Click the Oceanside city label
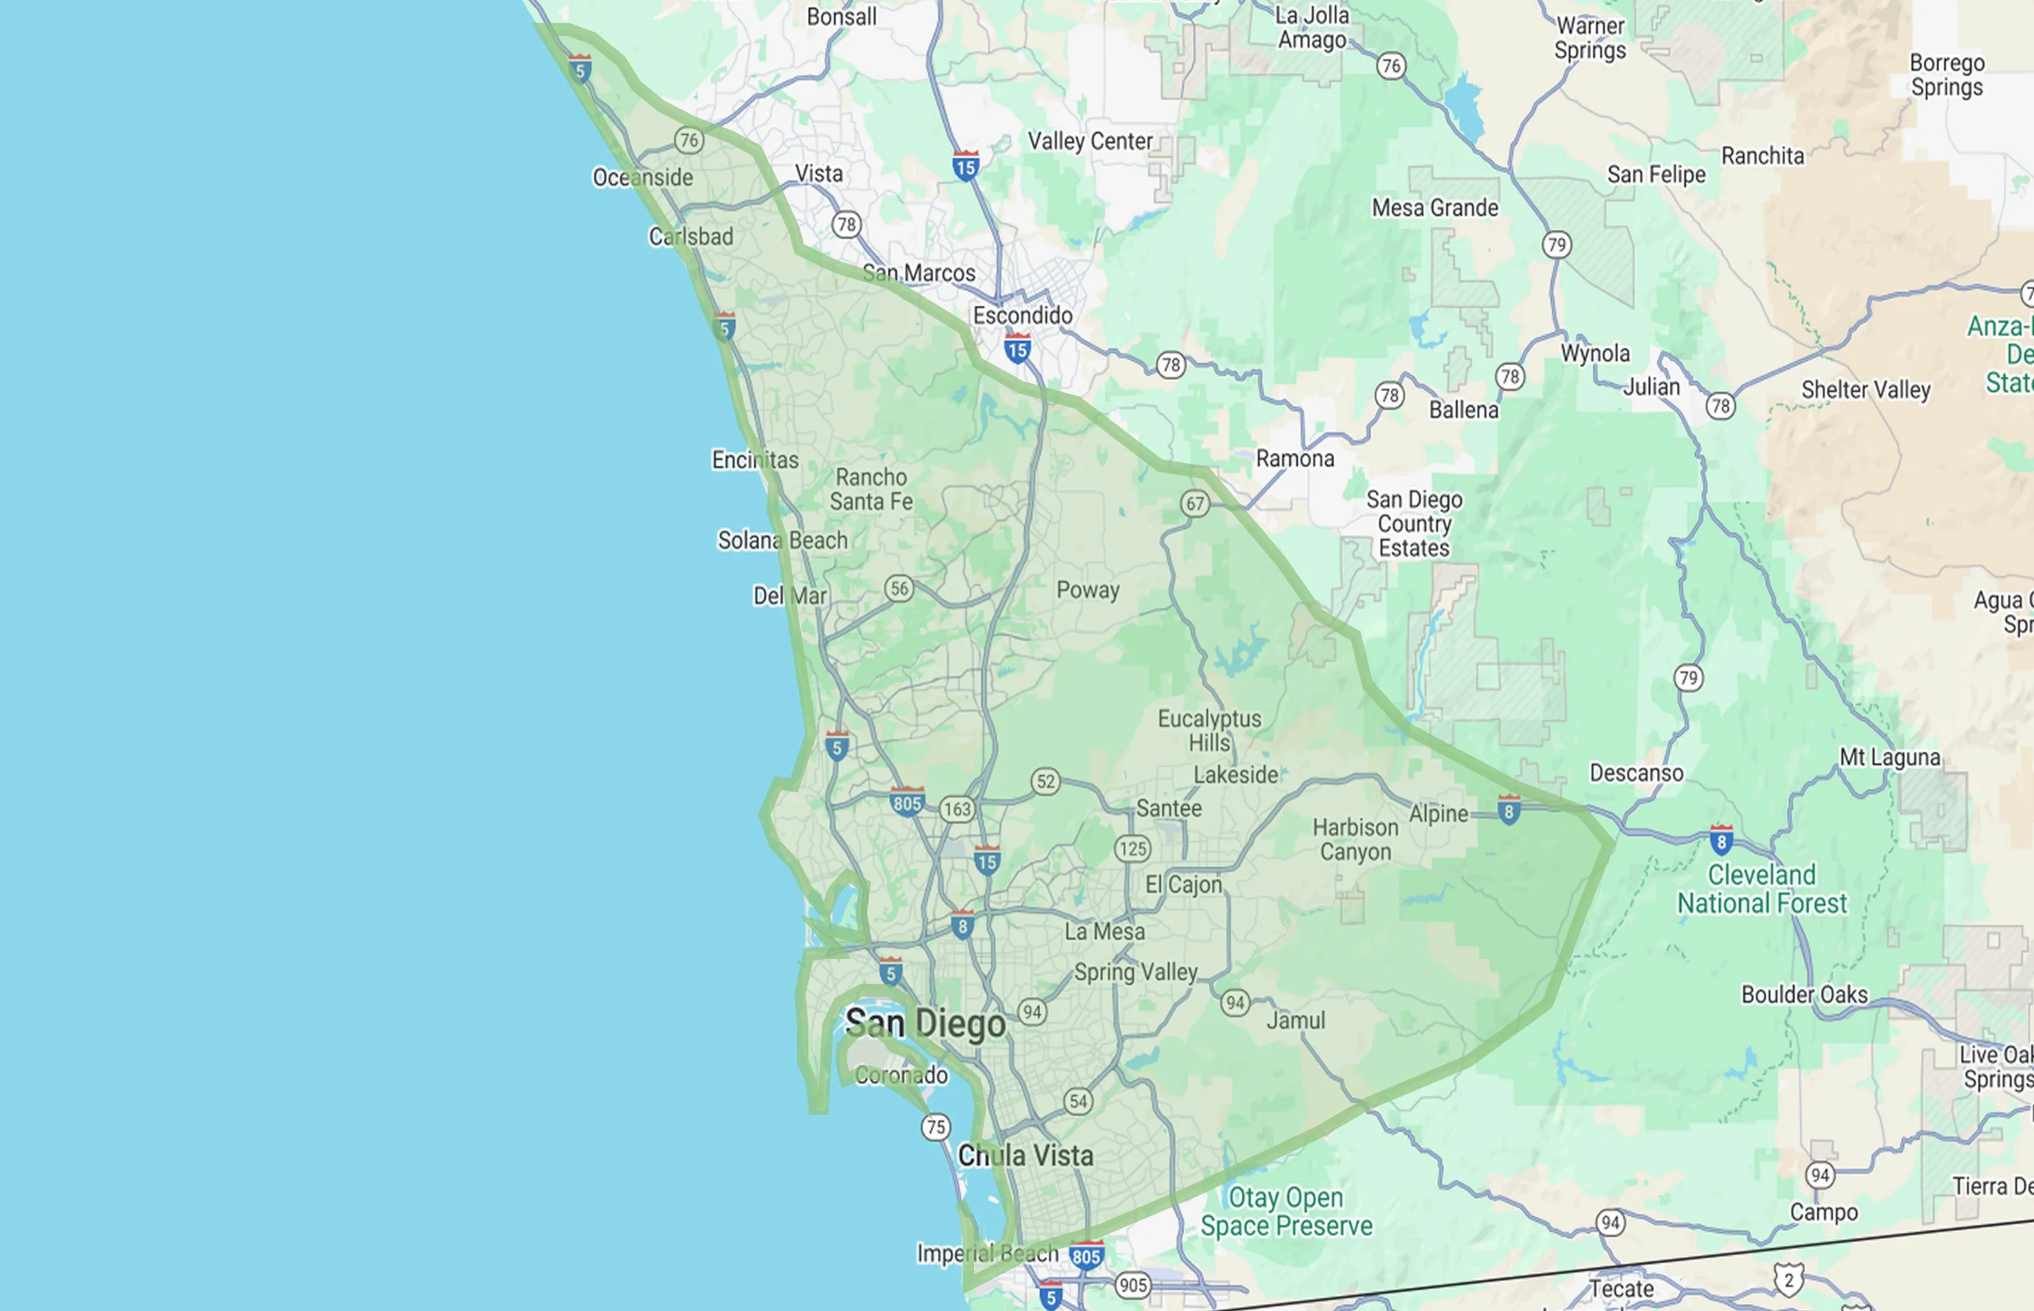[x=643, y=177]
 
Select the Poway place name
[x=1088, y=590]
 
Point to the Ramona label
[x=1294, y=459]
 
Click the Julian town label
[x=1651, y=387]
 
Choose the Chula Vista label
[x=1026, y=1155]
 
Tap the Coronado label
[x=901, y=1075]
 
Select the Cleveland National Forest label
[x=1762, y=889]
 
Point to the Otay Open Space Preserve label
[x=1286, y=1211]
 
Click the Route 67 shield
[x=1195, y=504]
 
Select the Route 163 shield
[x=957, y=808]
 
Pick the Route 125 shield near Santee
[x=1133, y=849]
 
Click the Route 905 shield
[x=1133, y=1286]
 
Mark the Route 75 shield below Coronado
[x=935, y=1127]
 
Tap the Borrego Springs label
[x=1947, y=75]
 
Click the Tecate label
[x=1621, y=1289]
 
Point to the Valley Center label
[x=1090, y=141]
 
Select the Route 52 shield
[x=1046, y=781]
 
